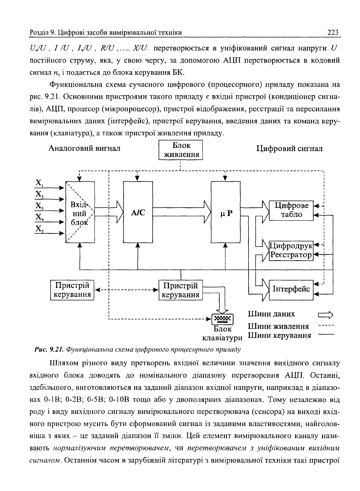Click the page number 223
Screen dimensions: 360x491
pyautogui.click(x=333, y=32)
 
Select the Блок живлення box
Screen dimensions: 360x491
pyautogui.click(x=180, y=150)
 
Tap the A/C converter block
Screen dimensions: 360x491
pyautogui.click(x=138, y=212)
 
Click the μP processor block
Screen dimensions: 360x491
pyautogui.click(x=225, y=212)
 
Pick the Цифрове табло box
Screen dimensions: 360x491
pyautogui.click(x=291, y=210)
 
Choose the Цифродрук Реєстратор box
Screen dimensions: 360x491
pyautogui.click(x=291, y=251)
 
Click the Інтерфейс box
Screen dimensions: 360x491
pyautogui.click(x=291, y=290)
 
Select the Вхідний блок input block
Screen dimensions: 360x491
pyautogui.click(x=80, y=212)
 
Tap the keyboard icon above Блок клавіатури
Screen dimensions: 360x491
pyautogui.click(x=222, y=319)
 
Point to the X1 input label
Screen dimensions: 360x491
pyautogui.click(x=39, y=183)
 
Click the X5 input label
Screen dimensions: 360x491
pyautogui.click(x=39, y=229)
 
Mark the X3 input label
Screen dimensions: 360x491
pyautogui.click(x=39, y=206)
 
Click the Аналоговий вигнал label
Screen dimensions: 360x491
pyautogui.click(x=84, y=149)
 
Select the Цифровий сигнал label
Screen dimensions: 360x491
pyautogui.click(x=290, y=149)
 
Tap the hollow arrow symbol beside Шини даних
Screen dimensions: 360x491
pyautogui.click(x=326, y=315)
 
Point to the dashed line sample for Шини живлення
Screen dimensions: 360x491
pyautogui.click(x=326, y=325)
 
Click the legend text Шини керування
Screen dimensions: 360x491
pyautogui.click(x=280, y=335)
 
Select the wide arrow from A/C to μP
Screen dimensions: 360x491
pyautogui.click(x=182, y=212)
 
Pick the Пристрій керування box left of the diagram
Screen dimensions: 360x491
pyautogui.click(x=72, y=290)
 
